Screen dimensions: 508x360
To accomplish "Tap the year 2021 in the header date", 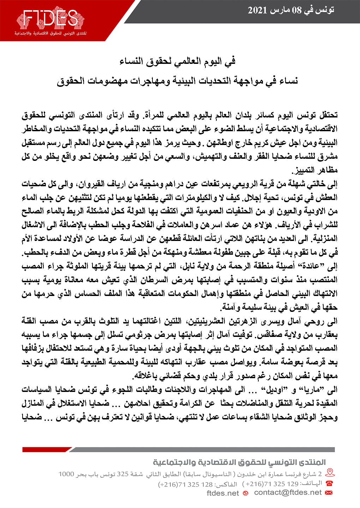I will (x=257, y=10).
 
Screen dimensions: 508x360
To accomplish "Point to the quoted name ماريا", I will (x=317, y=389).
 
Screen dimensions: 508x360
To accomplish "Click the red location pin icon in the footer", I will (x=330, y=473).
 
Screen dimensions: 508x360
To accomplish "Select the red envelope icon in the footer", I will (x=329, y=492).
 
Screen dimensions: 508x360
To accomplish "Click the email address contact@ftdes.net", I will (x=288, y=492).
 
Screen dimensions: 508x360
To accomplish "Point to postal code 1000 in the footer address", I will (x=66, y=474).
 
